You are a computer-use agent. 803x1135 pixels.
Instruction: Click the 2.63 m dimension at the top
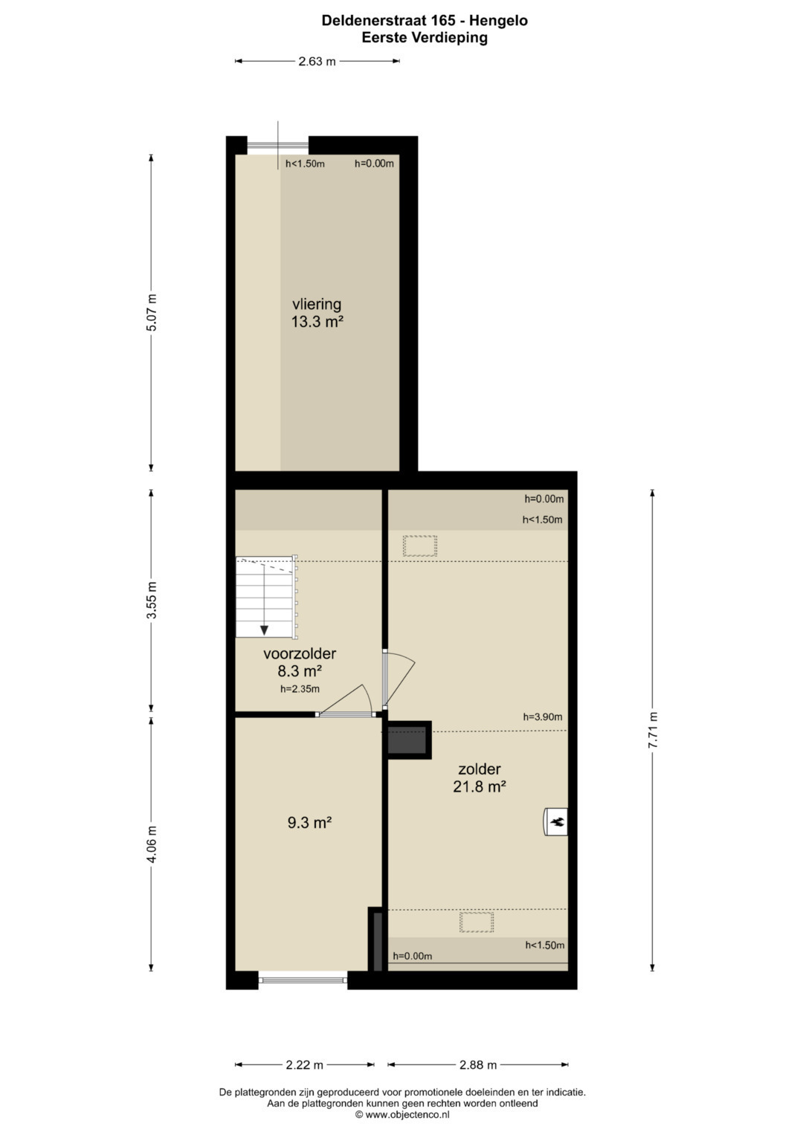pyautogui.click(x=317, y=61)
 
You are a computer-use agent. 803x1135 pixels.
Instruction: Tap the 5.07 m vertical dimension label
pyautogui.click(x=151, y=312)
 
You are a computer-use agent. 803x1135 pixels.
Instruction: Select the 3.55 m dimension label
pyautogui.click(x=151, y=600)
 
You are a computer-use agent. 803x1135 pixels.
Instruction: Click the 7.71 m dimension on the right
pyautogui.click(x=653, y=730)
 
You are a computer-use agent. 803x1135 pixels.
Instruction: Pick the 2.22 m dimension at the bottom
pyautogui.click(x=305, y=1065)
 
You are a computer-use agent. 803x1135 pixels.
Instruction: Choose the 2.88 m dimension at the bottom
pyautogui.click(x=478, y=1065)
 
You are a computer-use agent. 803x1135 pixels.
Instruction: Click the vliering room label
pyautogui.click(x=317, y=305)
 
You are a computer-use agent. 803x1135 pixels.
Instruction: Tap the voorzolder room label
pyautogui.click(x=300, y=653)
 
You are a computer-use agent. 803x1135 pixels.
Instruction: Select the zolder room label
pyautogui.click(x=480, y=769)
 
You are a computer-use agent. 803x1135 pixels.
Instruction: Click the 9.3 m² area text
pyautogui.click(x=309, y=822)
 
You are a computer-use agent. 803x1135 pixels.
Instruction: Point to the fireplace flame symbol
pyautogui.click(x=558, y=821)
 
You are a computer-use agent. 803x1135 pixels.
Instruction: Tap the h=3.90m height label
pyautogui.click(x=543, y=717)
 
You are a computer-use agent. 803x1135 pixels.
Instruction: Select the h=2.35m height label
pyautogui.click(x=300, y=688)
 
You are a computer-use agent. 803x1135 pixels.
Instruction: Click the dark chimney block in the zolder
pyautogui.click(x=407, y=740)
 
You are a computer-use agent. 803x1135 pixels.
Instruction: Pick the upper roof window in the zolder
pyautogui.click(x=420, y=546)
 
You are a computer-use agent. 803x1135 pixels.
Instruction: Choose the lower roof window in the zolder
pyautogui.click(x=477, y=922)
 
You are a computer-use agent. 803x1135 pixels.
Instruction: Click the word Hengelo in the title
pyautogui.click(x=498, y=21)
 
